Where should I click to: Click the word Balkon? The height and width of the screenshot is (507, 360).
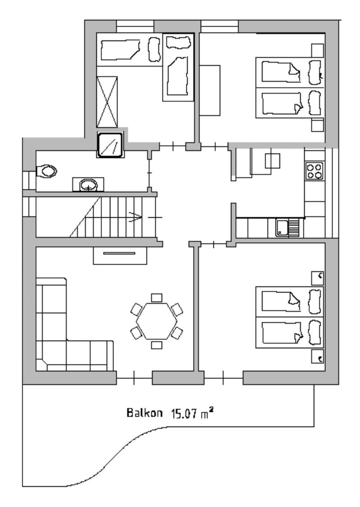(144, 413)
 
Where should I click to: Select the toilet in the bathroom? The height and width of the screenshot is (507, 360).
(47, 171)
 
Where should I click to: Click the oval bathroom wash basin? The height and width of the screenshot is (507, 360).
(88, 185)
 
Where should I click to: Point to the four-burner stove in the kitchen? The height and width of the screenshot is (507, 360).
(315, 171)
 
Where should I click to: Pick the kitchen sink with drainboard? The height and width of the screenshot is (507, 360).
(288, 228)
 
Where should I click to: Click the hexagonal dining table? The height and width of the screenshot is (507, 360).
(157, 321)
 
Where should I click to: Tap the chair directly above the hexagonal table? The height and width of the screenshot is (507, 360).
(157, 297)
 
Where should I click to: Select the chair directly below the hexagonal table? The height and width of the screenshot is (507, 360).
(157, 345)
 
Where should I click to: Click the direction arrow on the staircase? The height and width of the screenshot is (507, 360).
(135, 217)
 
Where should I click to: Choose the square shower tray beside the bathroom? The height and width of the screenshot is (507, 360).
(110, 144)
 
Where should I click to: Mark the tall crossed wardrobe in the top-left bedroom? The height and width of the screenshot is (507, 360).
(107, 102)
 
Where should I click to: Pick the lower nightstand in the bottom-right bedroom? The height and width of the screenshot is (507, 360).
(317, 357)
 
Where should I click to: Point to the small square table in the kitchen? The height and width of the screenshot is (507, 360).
(273, 161)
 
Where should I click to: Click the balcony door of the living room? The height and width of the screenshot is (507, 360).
(134, 378)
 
